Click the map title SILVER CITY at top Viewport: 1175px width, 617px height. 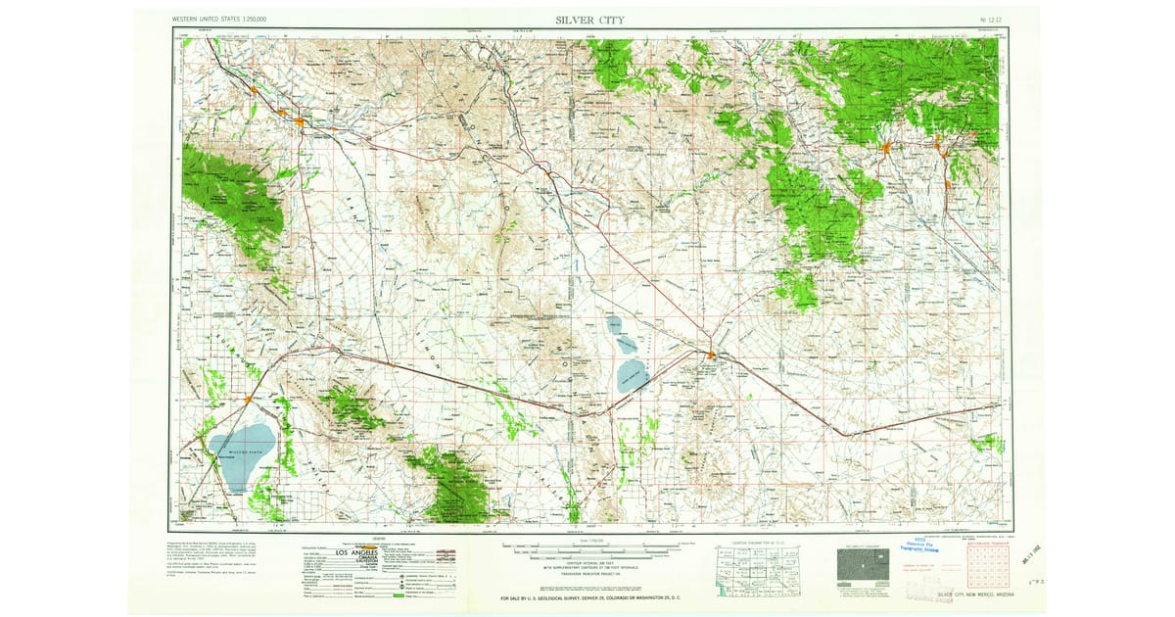pyautogui.click(x=588, y=20)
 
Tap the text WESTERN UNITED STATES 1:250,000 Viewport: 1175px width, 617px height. pyautogui.click(x=219, y=20)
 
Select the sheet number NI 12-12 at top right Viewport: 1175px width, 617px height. pyautogui.click(x=990, y=20)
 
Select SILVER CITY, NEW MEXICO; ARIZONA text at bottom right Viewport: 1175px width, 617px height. pyautogui.click(x=974, y=594)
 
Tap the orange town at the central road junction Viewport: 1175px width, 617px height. pyautogui.click(x=712, y=354)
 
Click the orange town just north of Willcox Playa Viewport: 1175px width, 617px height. pyautogui.click(x=249, y=399)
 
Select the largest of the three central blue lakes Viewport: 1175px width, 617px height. pyautogui.click(x=632, y=375)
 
